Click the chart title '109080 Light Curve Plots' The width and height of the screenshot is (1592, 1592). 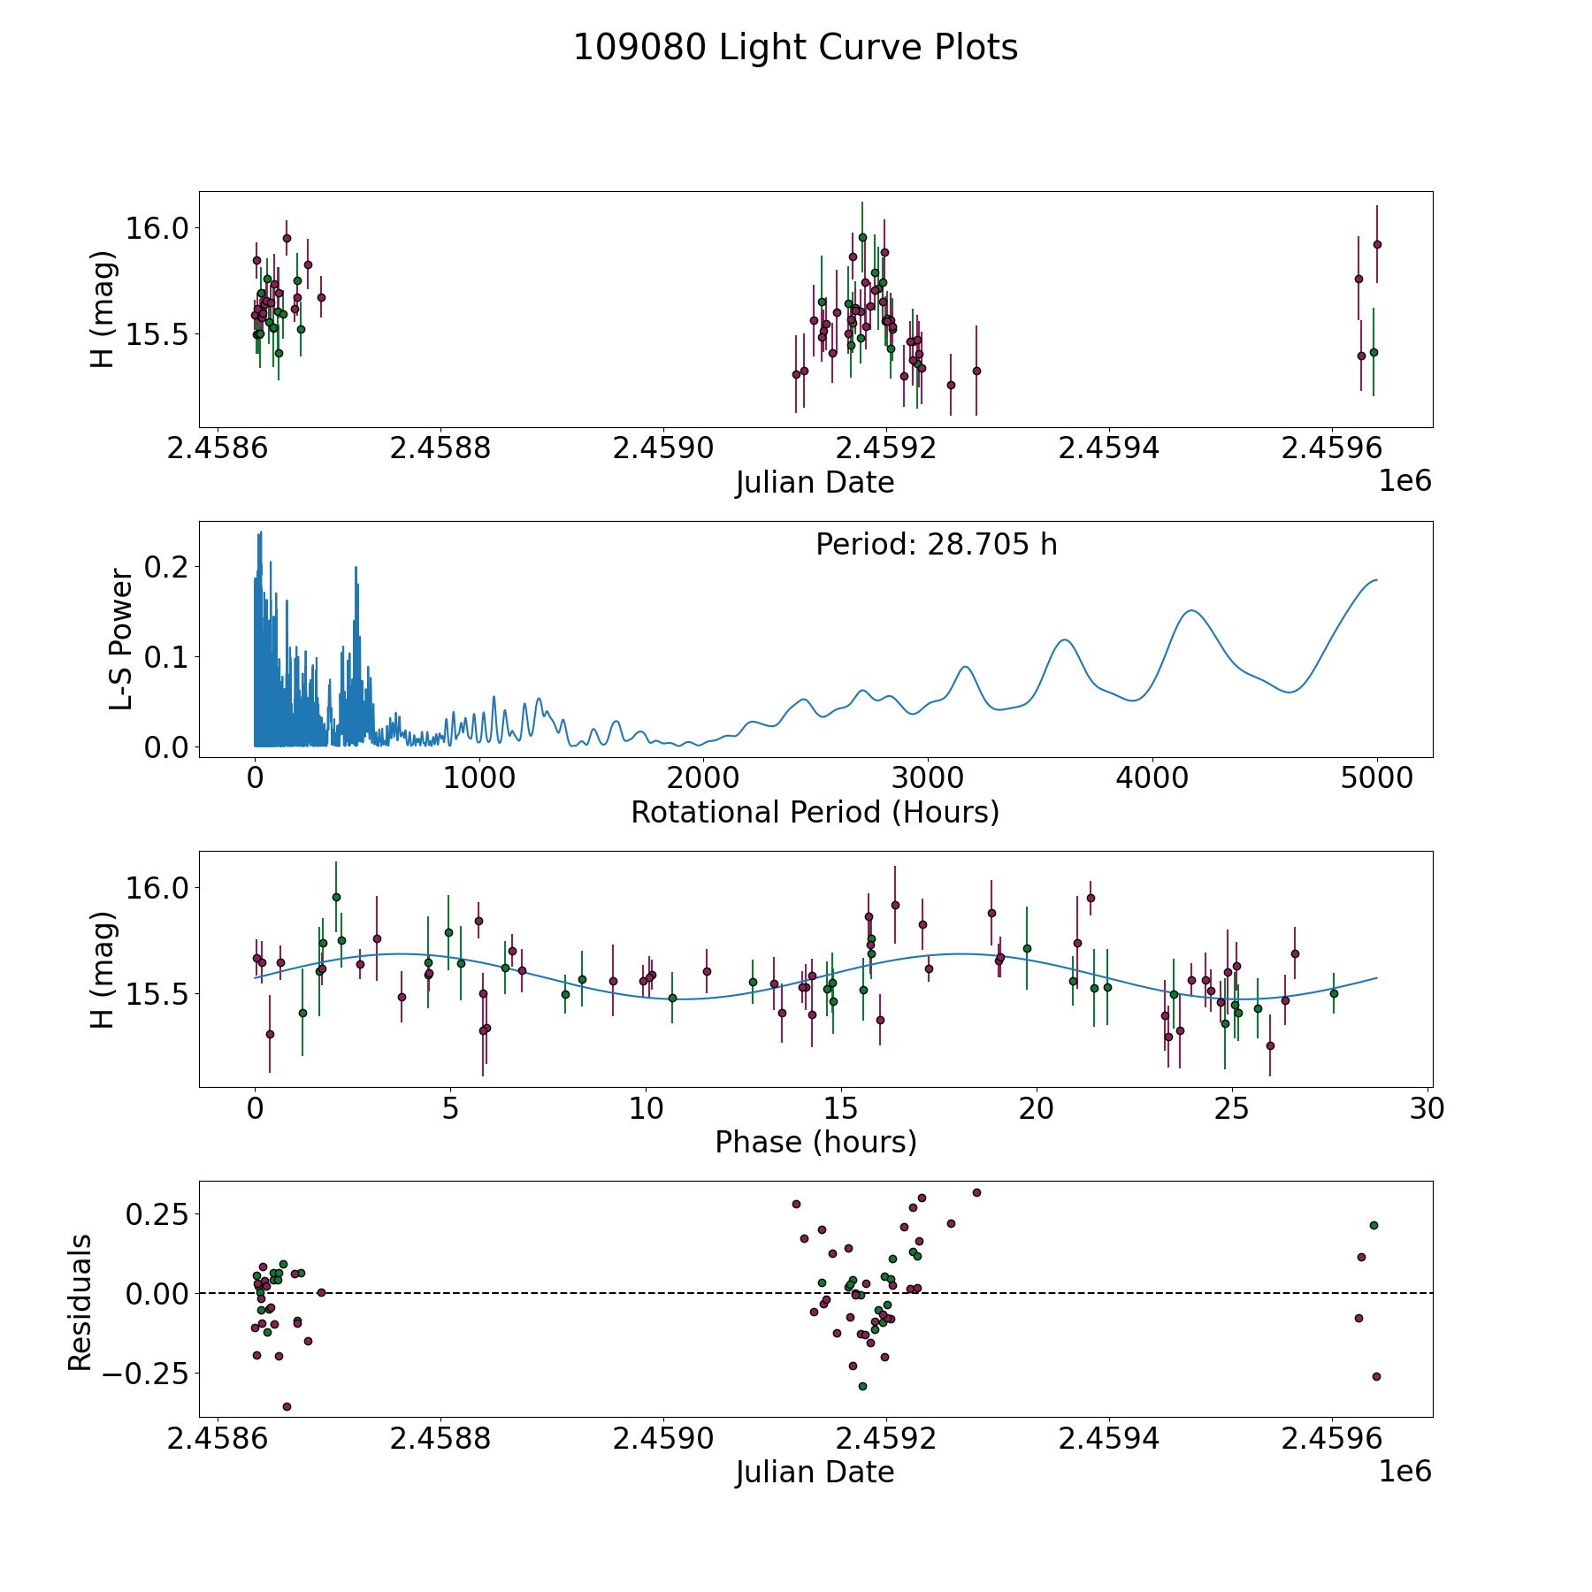[x=795, y=48]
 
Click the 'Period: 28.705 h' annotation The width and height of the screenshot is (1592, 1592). [x=937, y=545]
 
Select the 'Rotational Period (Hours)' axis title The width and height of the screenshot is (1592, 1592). [x=815, y=812]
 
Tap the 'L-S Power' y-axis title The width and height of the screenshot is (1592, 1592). [x=121, y=639]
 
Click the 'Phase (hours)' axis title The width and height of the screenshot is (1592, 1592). [x=815, y=1142]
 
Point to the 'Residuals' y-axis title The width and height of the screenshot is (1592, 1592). [x=80, y=1303]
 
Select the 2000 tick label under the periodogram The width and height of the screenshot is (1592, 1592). [x=703, y=777]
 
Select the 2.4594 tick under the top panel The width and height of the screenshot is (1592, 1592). [x=1109, y=448]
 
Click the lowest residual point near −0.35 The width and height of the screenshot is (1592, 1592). [x=287, y=1406]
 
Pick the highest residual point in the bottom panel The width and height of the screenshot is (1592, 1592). [x=976, y=1192]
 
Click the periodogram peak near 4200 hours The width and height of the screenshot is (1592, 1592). [x=1191, y=610]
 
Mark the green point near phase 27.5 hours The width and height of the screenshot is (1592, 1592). [x=1334, y=993]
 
